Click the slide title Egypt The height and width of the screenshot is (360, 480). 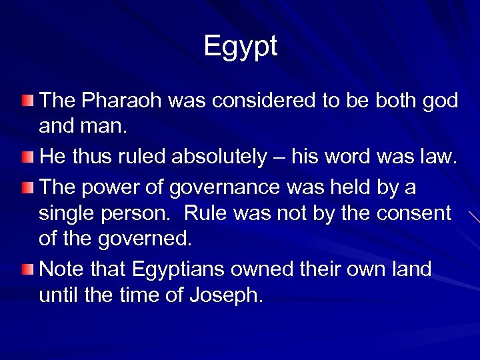240,47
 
